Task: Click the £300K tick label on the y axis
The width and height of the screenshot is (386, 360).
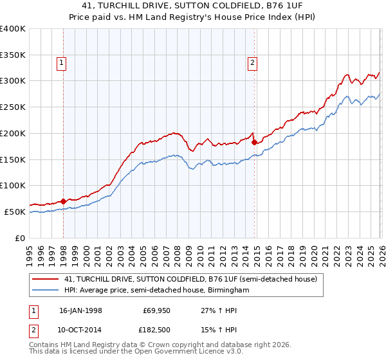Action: click(13, 81)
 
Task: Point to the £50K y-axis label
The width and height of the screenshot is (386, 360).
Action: click(15, 212)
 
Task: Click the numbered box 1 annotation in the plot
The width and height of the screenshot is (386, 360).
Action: click(60, 62)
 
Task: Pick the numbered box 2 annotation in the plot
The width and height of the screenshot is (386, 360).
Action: click(252, 62)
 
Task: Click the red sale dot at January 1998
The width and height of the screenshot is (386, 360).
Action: click(64, 201)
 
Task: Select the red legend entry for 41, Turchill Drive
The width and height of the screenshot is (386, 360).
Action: click(190, 280)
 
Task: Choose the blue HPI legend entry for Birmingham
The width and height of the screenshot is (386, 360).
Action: click(156, 291)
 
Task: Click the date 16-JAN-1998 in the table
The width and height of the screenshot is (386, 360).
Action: click(80, 310)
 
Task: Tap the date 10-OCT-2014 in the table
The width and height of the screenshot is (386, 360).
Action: click(80, 330)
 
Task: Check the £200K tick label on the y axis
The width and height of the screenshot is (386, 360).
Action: click(13, 133)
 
